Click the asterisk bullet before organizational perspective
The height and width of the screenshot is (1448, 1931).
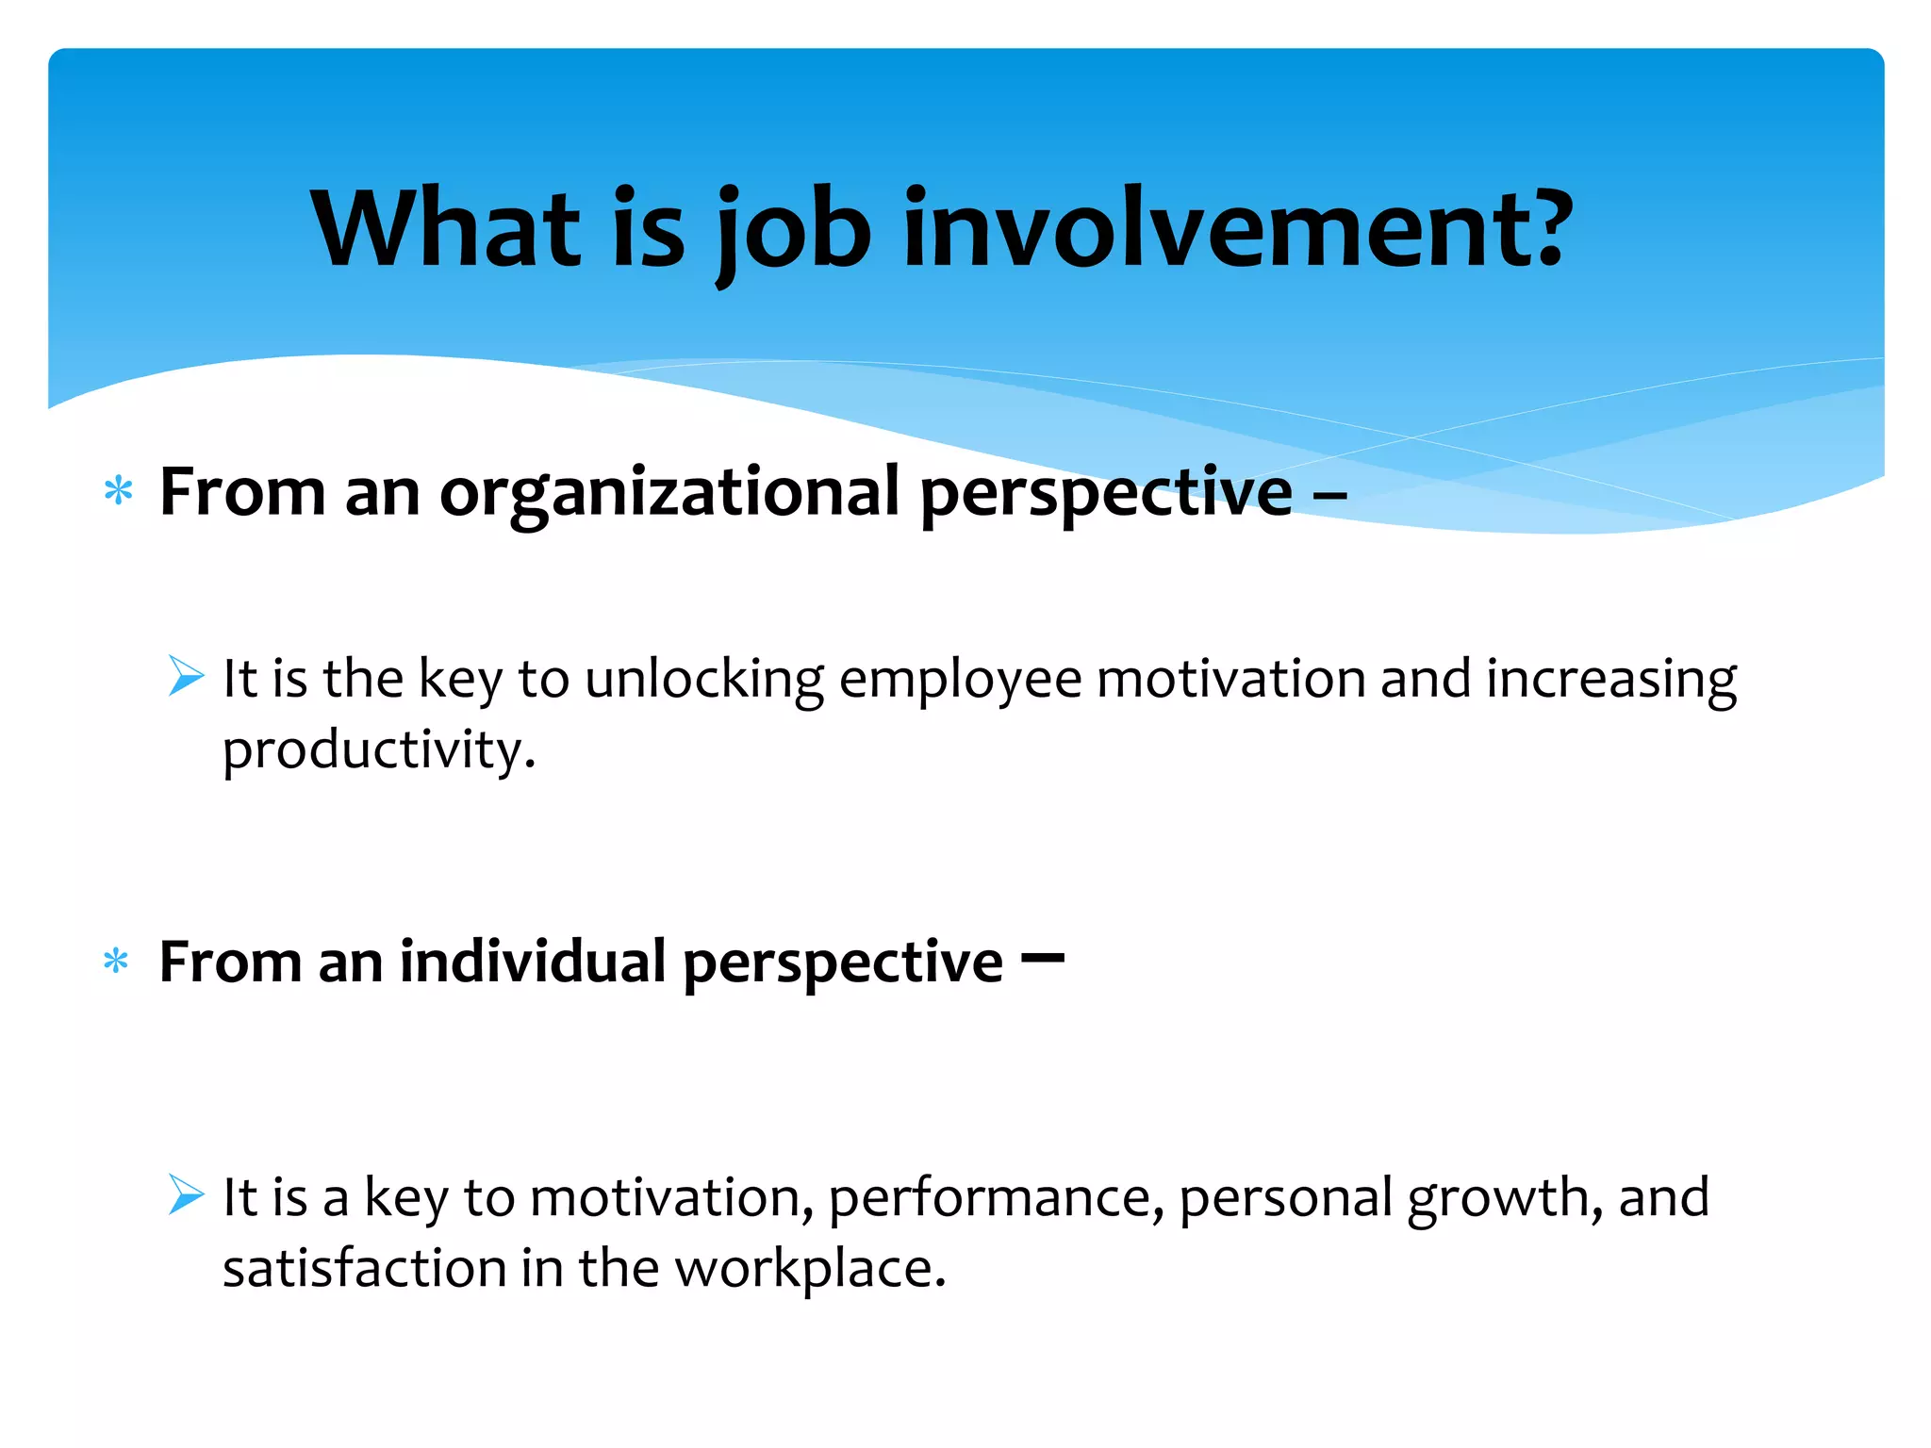point(119,491)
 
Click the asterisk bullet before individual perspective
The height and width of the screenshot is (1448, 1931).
point(116,962)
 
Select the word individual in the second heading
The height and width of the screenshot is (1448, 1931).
point(533,962)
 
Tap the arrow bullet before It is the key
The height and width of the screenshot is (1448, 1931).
point(186,676)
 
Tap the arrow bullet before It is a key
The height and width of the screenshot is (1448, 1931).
point(186,1194)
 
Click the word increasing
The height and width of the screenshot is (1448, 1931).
point(1611,680)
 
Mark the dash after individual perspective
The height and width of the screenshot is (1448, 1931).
point(1043,959)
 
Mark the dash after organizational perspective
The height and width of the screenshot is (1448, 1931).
point(1329,493)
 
